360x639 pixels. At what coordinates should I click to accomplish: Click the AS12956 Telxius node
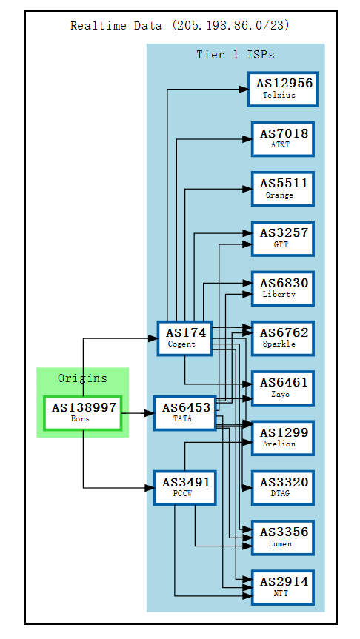pyautogui.click(x=282, y=89)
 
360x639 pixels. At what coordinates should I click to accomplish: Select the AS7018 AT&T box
pyautogui.click(x=282, y=138)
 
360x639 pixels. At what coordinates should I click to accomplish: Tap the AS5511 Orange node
pyautogui.click(x=282, y=188)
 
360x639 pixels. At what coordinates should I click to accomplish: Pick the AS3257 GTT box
pyautogui.click(x=282, y=238)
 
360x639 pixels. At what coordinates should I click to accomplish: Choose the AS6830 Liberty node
pyautogui.click(x=282, y=288)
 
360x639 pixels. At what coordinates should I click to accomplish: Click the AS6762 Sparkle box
pyautogui.click(x=282, y=338)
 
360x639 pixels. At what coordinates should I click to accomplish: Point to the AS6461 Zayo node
pyautogui.click(x=282, y=388)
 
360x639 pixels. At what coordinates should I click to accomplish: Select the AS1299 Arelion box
pyautogui.click(x=282, y=438)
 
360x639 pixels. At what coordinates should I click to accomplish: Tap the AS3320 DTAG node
pyautogui.click(x=282, y=487)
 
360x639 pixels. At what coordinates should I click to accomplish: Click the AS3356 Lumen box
pyautogui.click(x=282, y=537)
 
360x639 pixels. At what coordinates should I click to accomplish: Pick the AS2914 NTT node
pyautogui.click(x=282, y=586)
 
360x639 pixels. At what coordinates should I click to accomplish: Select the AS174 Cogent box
pyautogui.click(x=184, y=338)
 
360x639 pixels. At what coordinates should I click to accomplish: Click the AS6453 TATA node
pyautogui.click(x=185, y=412)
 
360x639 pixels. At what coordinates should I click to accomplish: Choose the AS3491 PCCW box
pyautogui.click(x=185, y=487)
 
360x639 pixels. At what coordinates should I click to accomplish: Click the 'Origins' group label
pyautogui.click(x=82, y=378)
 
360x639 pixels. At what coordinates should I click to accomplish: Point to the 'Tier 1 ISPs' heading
pyautogui.click(x=235, y=55)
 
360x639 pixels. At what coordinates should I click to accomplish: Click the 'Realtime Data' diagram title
pyautogui.click(x=180, y=26)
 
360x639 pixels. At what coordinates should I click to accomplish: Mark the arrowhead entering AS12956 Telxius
pyautogui.click(x=242, y=90)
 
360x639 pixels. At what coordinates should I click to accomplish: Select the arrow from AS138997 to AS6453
pyautogui.click(x=137, y=413)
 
